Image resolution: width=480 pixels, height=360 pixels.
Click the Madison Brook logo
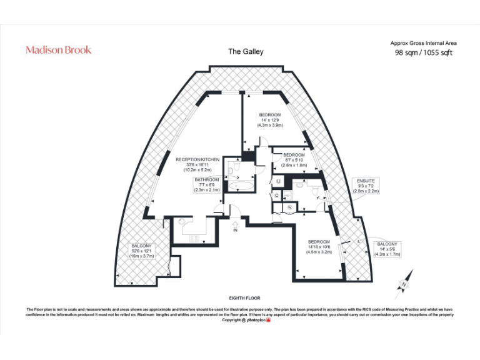pos(58,50)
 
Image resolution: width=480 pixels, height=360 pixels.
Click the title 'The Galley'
pos(244,52)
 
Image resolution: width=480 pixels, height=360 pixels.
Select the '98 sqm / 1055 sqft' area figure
pos(423,53)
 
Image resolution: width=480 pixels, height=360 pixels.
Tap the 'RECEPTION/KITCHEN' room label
pos(197,160)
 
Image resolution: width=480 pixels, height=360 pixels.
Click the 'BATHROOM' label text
pos(207,179)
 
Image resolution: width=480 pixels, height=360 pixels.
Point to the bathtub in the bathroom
pos(239,186)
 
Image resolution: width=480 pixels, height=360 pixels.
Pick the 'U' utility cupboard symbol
pos(279,181)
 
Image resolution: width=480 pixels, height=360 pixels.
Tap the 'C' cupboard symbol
pos(276,195)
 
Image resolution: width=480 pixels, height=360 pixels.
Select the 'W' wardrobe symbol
pos(290,207)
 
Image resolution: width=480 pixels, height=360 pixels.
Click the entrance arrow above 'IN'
pos(235,223)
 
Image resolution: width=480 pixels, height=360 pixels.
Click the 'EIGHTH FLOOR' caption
pos(244,298)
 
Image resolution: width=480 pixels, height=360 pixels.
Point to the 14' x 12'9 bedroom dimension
pos(270,120)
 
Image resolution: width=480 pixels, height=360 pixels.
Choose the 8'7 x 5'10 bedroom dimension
pos(294,160)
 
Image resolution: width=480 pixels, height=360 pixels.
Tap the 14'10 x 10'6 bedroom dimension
pos(319,247)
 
